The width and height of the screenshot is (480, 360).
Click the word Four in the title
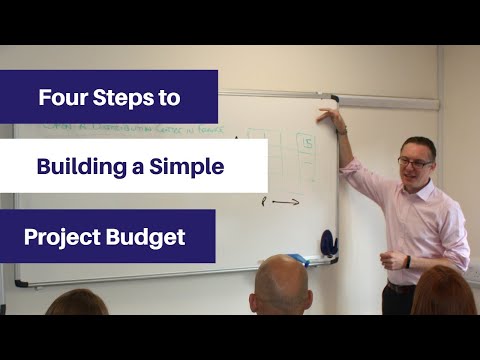coord(60,98)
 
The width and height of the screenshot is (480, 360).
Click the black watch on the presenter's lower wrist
coord(407,261)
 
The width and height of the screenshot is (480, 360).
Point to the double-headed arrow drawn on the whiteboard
coord(284,202)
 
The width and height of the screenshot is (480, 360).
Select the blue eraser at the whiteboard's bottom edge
coord(327,242)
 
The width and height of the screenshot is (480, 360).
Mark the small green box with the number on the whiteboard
coord(307,143)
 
